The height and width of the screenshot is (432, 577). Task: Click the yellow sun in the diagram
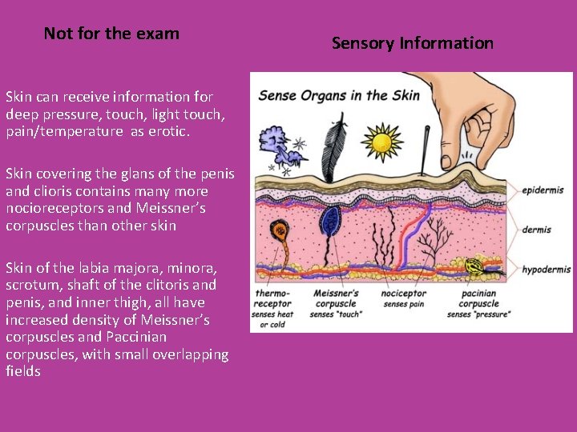click(x=382, y=142)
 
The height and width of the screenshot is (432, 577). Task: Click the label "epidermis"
click(x=543, y=190)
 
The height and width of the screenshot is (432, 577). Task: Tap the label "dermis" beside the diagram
click(x=536, y=230)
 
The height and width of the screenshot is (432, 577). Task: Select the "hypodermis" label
click(x=546, y=270)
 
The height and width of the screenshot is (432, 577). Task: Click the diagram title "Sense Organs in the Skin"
click(x=338, y=95)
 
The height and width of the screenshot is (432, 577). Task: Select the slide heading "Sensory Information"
click(x=413, y=43)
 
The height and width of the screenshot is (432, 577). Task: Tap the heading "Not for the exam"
click(x=111, y=34)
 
